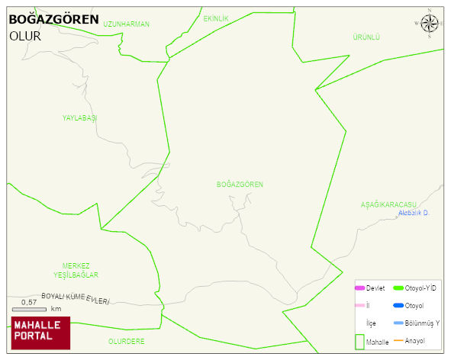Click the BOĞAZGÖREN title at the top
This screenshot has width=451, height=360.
point(53,20)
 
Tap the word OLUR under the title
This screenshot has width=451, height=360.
point(24,36)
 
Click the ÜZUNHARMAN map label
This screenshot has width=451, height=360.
point(126,24)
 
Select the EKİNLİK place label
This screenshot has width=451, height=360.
point(216,18)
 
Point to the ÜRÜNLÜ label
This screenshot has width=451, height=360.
point(366,37)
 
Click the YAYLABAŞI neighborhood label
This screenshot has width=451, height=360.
point(80,118)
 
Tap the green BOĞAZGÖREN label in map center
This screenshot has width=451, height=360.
point(240,185)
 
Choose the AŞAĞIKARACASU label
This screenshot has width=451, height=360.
point(388,205)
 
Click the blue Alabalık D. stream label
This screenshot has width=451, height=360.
point(414,213)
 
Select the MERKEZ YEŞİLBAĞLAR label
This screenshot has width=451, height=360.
point(76,270)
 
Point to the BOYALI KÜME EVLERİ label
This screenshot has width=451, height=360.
point(75,298)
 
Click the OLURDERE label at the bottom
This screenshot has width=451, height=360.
point(126,342)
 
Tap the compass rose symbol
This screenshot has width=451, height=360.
point(429,24)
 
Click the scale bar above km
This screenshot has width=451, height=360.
point(29,309)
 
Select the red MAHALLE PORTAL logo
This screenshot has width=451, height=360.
point(40,333)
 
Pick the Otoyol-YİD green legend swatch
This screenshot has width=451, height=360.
point(398,288)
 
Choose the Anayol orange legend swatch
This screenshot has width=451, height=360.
point(398,340)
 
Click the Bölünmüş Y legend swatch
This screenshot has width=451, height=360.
point(398,323)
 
